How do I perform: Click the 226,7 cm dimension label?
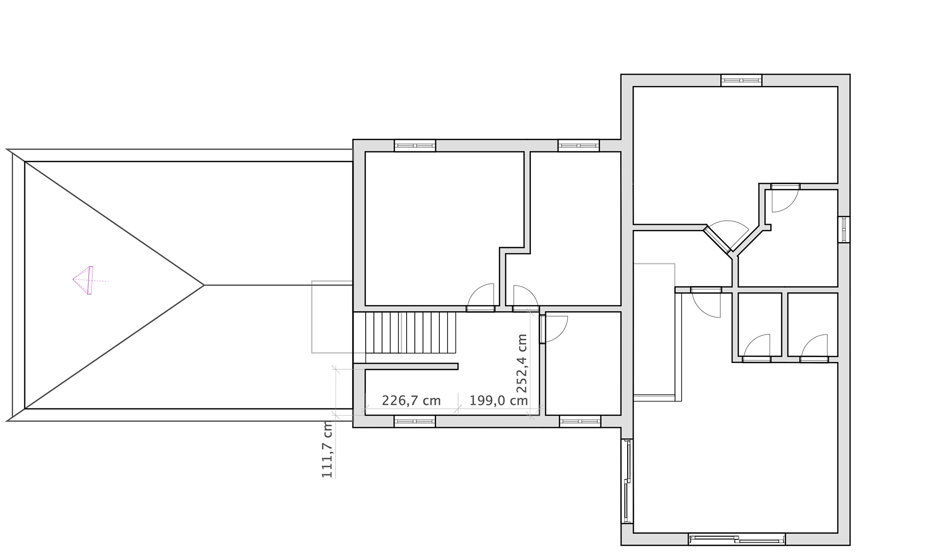coord(411,401)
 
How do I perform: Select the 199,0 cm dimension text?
coord(499,401)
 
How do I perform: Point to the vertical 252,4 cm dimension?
coord(522,364)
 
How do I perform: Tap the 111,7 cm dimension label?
coord(327,449)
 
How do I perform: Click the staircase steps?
coord(411,332)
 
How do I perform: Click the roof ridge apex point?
coord(204,285)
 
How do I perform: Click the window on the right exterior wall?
coord(844,229)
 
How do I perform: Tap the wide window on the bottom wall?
coord(737,539)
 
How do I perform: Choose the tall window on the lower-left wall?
coord(627,481)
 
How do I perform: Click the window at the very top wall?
coord(741,80)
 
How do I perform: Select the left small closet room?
coord(760,324)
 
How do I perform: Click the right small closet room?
coord(813,324)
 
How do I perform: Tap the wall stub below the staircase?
coord(405,366)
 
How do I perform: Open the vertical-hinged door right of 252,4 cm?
coord(553,329)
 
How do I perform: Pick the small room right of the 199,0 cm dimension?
coord(583,364)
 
